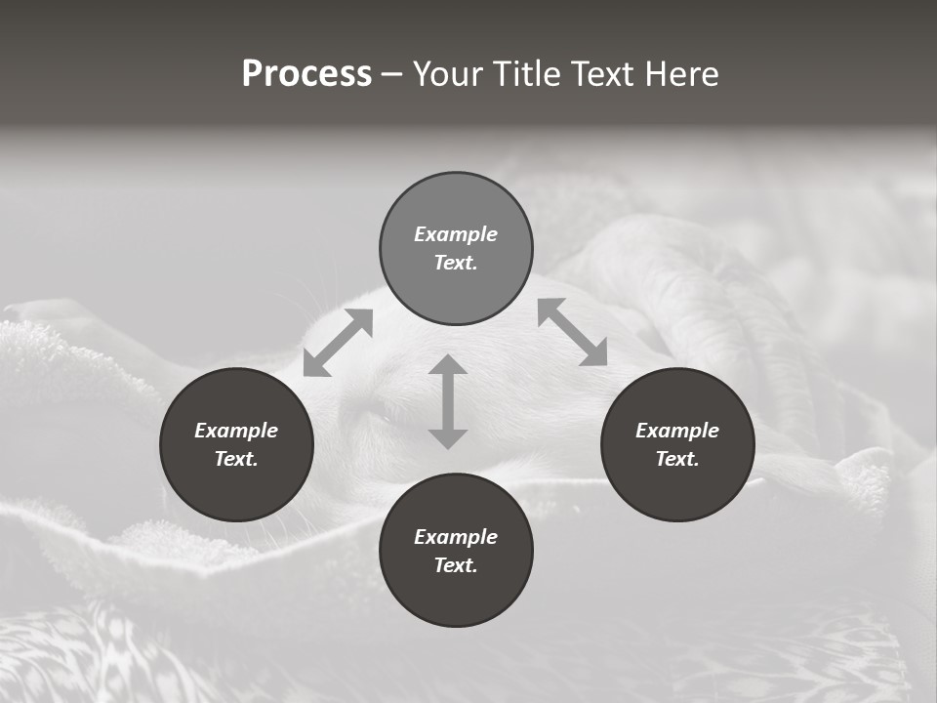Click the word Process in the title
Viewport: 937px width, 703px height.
coord(306,74)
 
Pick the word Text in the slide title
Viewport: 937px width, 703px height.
coord(602,74)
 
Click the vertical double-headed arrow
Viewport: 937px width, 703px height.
coord(448,401)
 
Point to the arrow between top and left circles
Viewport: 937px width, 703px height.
coord(338,343)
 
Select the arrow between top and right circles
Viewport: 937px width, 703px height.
coord(572,332)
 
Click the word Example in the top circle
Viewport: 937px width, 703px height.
coord(456,234)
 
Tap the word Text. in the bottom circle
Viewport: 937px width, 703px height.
coord(456,565)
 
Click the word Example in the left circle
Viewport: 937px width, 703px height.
coord(236,431)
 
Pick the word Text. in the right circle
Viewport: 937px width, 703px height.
coord(677,459)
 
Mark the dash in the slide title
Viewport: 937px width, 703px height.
coord(391,75)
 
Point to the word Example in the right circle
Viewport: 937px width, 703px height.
coord(677,431)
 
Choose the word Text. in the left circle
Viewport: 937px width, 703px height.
coord(236,459)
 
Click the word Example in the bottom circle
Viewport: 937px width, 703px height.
coord(456,537)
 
